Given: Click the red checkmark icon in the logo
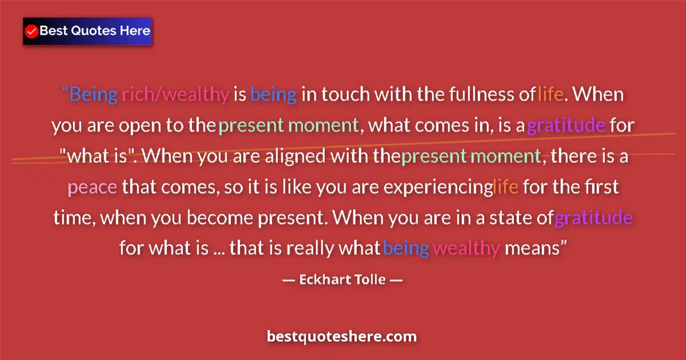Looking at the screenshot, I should coord(32,31).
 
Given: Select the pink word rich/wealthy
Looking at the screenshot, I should coord(175,94).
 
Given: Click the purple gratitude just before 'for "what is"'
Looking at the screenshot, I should coord(566,125).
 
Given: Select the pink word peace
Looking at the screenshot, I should coord(93,187).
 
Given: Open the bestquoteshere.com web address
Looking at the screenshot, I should coord(342,336).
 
